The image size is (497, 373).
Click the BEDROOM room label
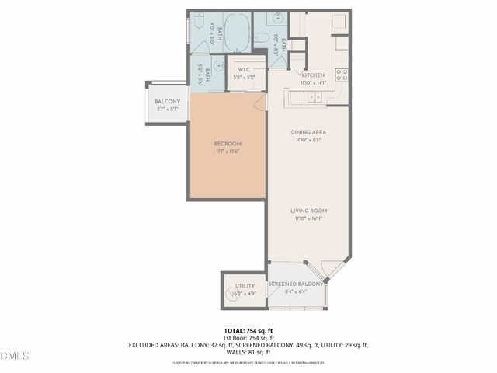(x=228, y=144)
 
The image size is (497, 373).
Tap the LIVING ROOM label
(x=308, y=211)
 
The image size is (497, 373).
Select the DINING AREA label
(x=308, y=132)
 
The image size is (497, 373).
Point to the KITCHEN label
(x=314, y=75)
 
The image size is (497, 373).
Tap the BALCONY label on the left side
(x=167, y=102)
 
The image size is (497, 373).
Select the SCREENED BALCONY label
(x=295, y=284)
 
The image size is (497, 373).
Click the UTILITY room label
(x=245, y=286)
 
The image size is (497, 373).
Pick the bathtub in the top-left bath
(x=237, y=31)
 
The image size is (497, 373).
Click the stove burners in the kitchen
(x=341, y=75)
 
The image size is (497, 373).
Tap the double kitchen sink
(x=315, y=97)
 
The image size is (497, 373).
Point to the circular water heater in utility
(x=234, y=293)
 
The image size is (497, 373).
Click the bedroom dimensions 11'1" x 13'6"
(x=228, y=152)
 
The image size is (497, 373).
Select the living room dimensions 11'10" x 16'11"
(x=308, y=219)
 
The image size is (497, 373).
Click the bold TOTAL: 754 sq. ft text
(x=248, y=331)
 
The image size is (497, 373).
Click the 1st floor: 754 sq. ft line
(x=248, y=338)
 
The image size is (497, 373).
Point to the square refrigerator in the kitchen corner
(x=339, y=21)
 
